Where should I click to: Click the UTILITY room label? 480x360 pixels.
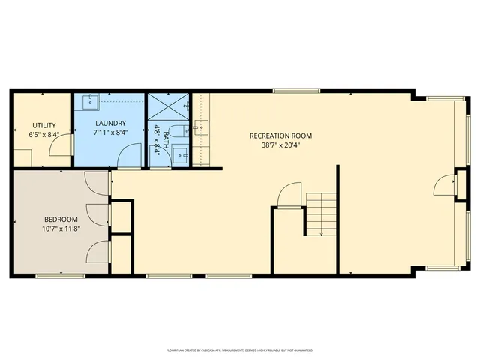pos(42,125)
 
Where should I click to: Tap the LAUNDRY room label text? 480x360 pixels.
pos(109,124)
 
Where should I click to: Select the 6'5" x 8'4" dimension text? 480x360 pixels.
pos(42,135)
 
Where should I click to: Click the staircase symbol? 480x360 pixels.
pos(321,213)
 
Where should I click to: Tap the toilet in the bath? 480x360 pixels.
pos(174,132)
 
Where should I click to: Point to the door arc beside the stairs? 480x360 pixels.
pos(288,196)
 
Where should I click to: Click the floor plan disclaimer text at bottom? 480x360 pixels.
pos(240,350)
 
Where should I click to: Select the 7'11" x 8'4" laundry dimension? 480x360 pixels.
pos(109,133)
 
